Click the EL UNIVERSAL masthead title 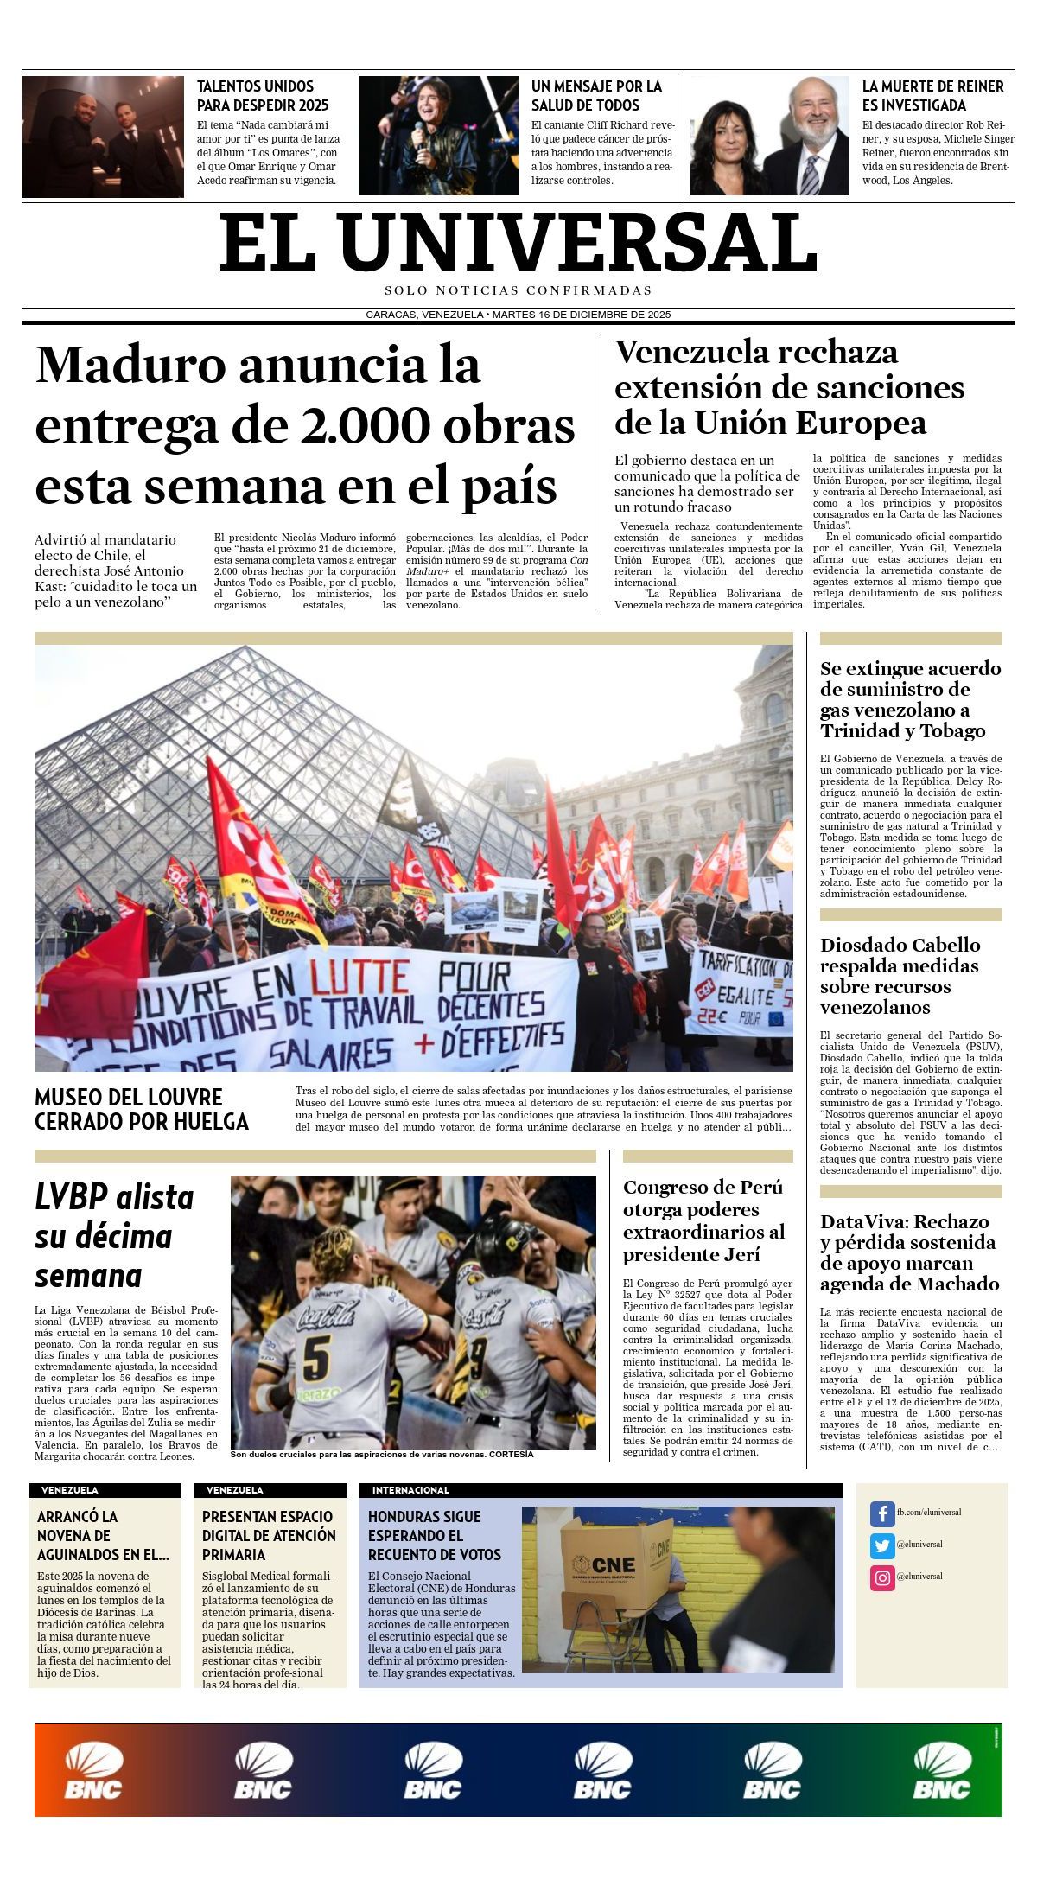tap(518, 243)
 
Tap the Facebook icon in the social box tap(881, 1513)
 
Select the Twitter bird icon tap(881, 1545)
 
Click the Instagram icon tap(881, 1577)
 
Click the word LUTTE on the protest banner tap(359, 978)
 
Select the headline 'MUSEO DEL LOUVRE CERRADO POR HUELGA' tap(142, 1109)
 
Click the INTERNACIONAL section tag tap(410, 1490)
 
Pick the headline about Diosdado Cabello tap(900, 976)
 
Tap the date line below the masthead tap(518, 315)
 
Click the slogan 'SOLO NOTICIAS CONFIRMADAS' tap(518, 290)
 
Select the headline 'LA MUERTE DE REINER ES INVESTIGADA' tap(932, 96)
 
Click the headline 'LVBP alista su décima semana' tap(114, 1236)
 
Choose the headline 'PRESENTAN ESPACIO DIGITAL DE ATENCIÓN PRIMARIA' tap(269, 1535)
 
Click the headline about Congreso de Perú tap(704, 1220)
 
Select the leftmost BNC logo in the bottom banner tap(94, 1770)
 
